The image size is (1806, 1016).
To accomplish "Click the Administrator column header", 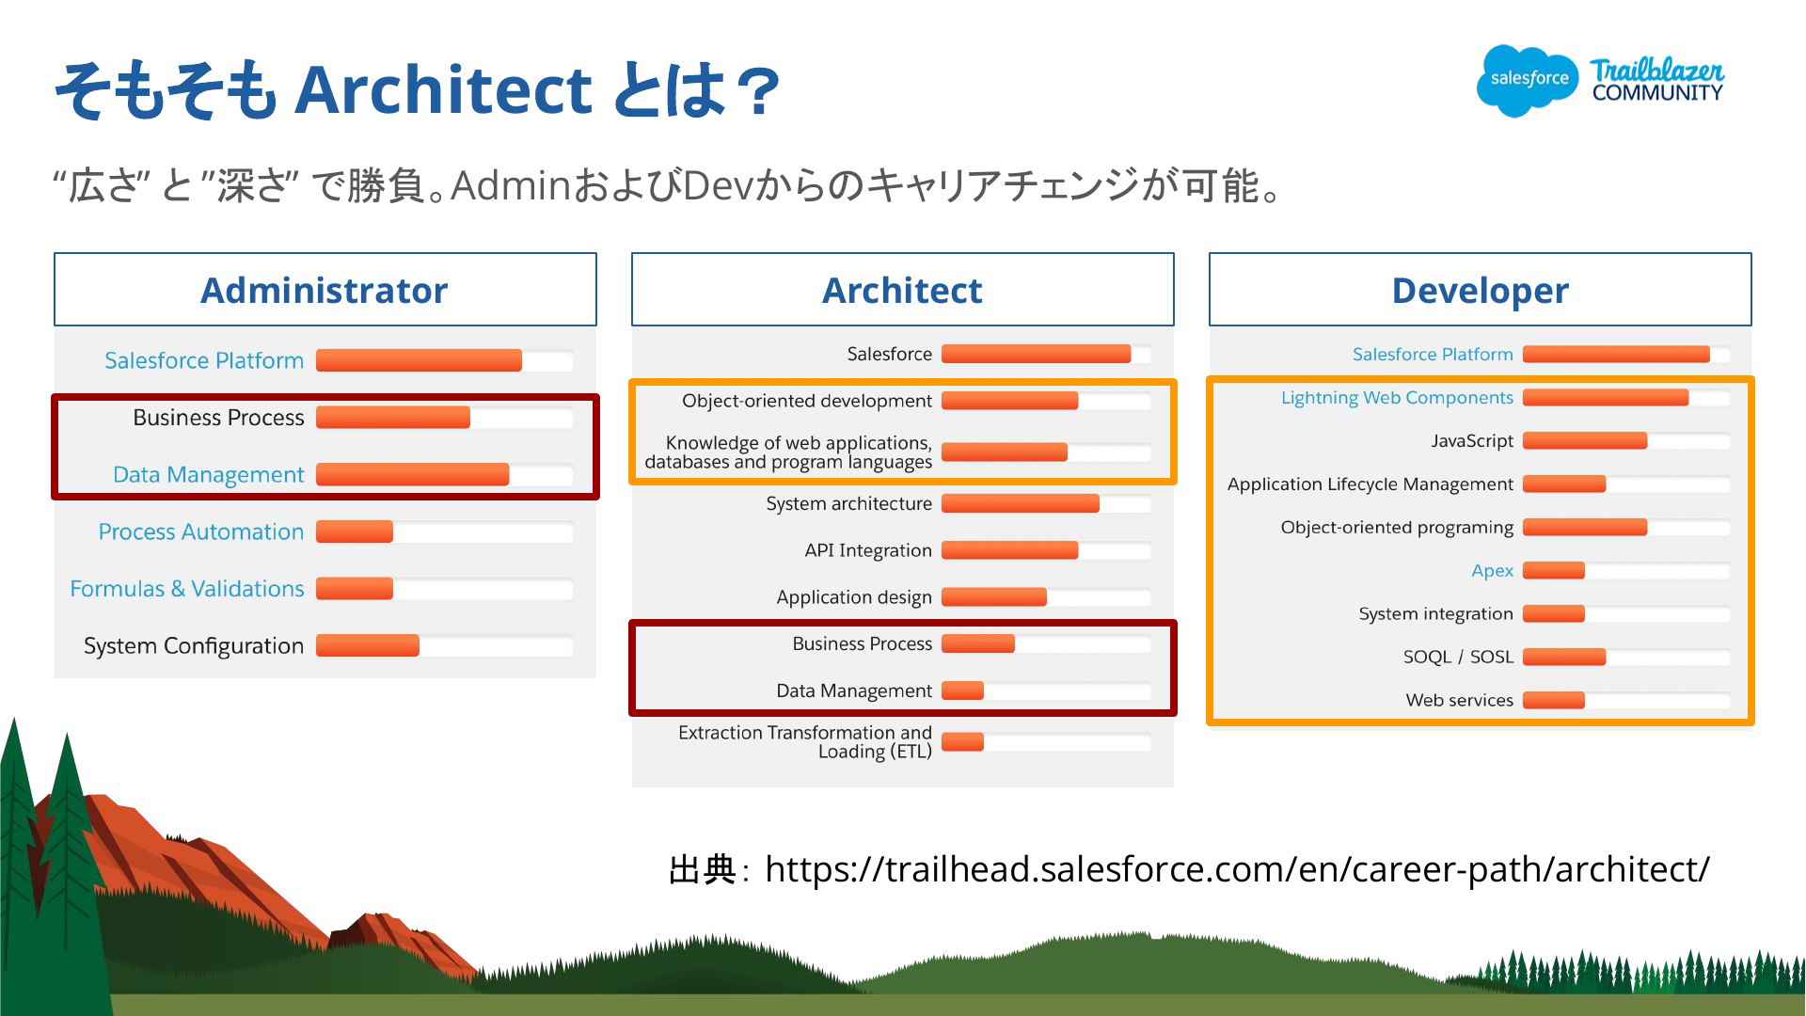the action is pyautogui.click(x=325, y=290).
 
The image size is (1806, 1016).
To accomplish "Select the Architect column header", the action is pyautogui.click(x=902, y=290).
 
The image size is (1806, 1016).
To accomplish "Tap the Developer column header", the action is pyautogui.click(x=1480, y=290).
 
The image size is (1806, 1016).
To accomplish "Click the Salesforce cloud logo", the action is pyautogui.click(x=1528, y=80).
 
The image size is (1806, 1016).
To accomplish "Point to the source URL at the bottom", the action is pyautogui.click(x=1237, y=869).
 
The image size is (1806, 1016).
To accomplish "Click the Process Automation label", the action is pyautogui.click(x=201, y=532).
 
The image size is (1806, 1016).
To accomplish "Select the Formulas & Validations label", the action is pyautogui.click(x=187, y=589).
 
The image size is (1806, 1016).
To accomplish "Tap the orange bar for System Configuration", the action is pyautogui.click(x=368, y=645).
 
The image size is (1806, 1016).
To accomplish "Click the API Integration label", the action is pyautogui.click(x=868, y=550).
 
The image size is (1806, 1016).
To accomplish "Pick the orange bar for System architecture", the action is pyautogui.click(x=1021, y=503).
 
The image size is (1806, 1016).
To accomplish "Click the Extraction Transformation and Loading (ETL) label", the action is pyautogui.click(x=805, y=741).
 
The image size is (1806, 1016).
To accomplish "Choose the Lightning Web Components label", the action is pyautogui.click(x=1397, y=398).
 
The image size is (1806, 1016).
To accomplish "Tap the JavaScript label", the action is pyautogui.click(x=1472, y=441).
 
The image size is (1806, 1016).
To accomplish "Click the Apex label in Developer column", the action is pyautogui.click(x=1493, y=571).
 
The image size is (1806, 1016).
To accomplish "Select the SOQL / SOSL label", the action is pyautogui.click(x=1458, y=657).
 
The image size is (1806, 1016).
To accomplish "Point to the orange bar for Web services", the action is pyautogui.click(x=1554, y=700).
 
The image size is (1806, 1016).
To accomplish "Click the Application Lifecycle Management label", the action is pyautogui.click(x=1370, y=484).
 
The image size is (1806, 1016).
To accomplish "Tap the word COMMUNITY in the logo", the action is pyautogui.click(x=1657, y=93).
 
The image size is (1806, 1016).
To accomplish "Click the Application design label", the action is pyautogui.click(x=854, y=597).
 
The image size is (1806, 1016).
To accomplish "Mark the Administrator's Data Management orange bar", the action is pyautogui.click(x=412, y=474).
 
